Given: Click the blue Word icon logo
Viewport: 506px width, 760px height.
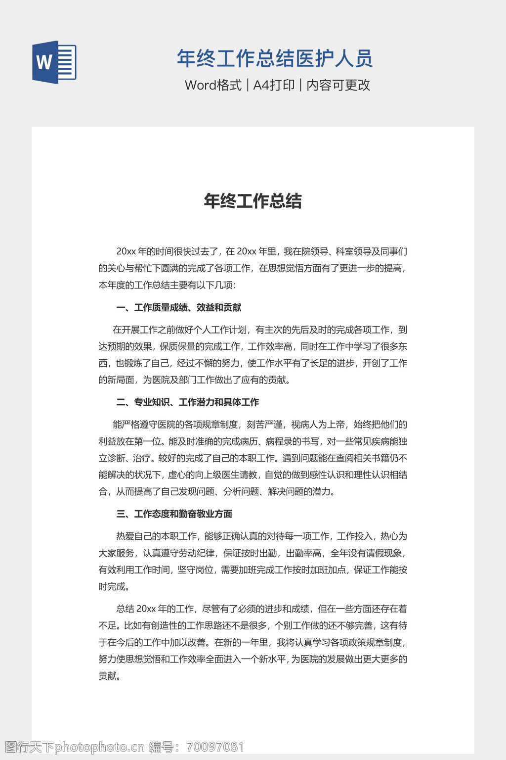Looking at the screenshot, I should (x=54, y=62).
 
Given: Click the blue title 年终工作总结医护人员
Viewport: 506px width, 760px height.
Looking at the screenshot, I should (x=275, y=58).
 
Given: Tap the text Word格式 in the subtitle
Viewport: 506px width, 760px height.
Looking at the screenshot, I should (x=213, y=85).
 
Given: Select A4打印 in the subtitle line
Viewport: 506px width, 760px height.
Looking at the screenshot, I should (x=274, y=85).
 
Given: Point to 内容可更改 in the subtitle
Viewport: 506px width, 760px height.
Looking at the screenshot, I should (x=338, y=85).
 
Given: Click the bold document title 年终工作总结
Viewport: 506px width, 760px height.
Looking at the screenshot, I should (x=253, y=201).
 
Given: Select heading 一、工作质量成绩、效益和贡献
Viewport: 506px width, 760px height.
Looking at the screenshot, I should (x=178, y=308).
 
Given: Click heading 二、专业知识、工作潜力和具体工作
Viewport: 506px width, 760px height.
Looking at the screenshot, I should (x=187, y=402).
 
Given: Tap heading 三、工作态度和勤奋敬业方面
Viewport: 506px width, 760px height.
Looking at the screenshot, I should (x=174, y=514).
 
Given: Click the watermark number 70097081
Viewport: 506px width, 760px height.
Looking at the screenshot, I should (x=215, y=747).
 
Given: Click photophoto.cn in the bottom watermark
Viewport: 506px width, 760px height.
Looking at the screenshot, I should (x=99, y=747).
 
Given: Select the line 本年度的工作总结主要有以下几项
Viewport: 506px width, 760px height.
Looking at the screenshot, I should (x=167, y=285).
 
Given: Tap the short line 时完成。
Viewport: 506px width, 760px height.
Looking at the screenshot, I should (x=114, y=587).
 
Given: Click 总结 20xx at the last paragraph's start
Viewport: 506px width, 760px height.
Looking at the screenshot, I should (x=136, y=609).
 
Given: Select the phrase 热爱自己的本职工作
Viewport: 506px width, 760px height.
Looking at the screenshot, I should (x=157, y=536).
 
